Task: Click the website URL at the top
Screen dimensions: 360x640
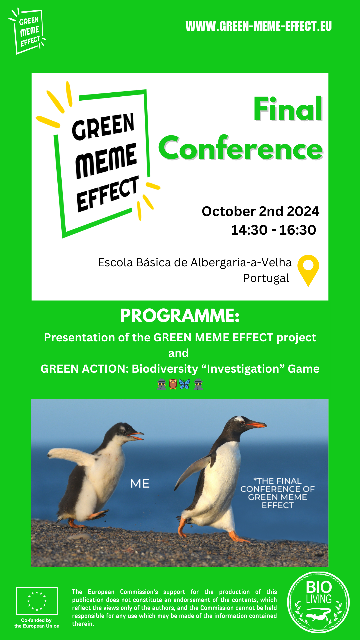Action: click(259, 26)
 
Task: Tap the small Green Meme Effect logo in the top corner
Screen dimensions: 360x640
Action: click(27, 31)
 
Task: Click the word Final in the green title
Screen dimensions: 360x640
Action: click(288, 109)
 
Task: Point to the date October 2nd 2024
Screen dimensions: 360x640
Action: click(260, 211)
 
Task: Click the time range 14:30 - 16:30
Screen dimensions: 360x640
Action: click(274, 230)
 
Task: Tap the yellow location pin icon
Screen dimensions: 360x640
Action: click(308, 270)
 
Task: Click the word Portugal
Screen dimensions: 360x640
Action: click(266, 278)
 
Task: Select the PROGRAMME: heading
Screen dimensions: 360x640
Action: click(180, 316)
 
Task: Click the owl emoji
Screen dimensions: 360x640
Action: click(173, 384)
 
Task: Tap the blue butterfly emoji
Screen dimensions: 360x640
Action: click(184, 384)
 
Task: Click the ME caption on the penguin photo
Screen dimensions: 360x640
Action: click(140, 483)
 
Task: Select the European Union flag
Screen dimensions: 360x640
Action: click(37, 601)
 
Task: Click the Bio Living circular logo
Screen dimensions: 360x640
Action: click(318, 602)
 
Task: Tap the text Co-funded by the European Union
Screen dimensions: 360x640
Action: click(37, 623)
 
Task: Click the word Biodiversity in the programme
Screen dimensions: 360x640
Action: click(165, 369)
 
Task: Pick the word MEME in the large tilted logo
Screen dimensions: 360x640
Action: click(106, 161)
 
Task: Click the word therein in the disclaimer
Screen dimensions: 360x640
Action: click(83, 624)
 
